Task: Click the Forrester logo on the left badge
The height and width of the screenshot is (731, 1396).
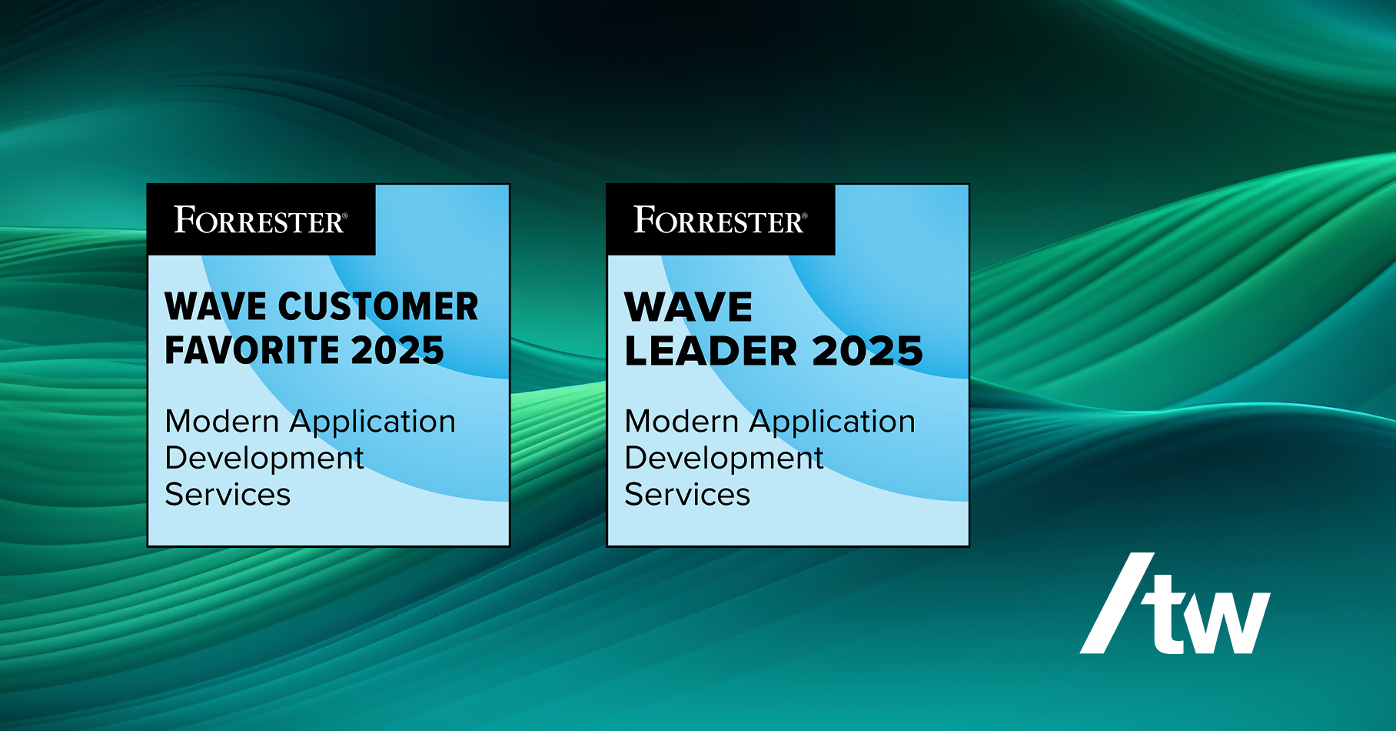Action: click(261, 220)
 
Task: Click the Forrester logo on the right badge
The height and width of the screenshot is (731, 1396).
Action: click(720, 220)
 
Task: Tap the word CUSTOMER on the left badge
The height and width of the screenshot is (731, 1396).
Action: click(378, 306)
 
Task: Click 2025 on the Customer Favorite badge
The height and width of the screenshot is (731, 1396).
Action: click(397, 350)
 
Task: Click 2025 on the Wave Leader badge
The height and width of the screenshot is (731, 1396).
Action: click(867, 351)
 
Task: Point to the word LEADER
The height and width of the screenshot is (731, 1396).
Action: click(711, 351)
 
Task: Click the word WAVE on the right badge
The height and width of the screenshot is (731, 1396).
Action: click(688, 307)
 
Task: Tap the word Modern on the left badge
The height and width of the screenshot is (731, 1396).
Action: click(222, 422)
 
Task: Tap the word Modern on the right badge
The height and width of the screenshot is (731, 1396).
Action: click(682, 422)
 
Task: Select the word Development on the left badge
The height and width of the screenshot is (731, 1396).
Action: click(264, 459)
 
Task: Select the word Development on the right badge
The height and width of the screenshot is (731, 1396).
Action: click(724, 459)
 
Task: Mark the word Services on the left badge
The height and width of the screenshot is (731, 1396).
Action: click(228, 494)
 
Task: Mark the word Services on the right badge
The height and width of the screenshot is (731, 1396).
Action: click(687, 494)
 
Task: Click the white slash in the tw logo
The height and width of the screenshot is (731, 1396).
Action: click(1117, 603)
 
